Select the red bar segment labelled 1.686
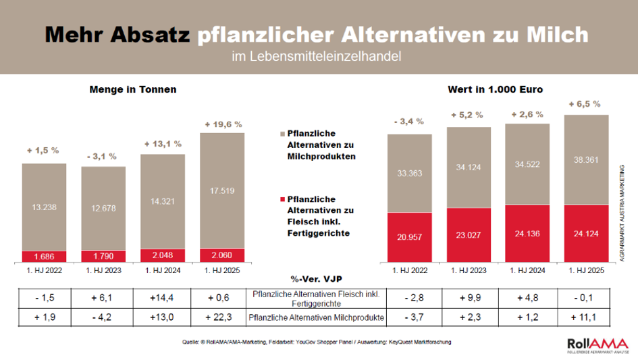[x=44, y=257]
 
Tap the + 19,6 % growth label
[x=222, y=124]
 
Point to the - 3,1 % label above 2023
[x=103, y=157]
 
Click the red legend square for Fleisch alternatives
[x=282, y=200]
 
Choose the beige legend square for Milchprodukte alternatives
[x=282, y=134]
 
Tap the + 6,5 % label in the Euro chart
[x=585, y=104]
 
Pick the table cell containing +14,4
[x=162, y=295]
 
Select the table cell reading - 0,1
[x=586, y=295]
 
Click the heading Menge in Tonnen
[x=133, y=89]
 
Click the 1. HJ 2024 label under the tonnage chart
[x=162, y=270]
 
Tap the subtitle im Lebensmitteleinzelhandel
[x=316, y=57]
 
